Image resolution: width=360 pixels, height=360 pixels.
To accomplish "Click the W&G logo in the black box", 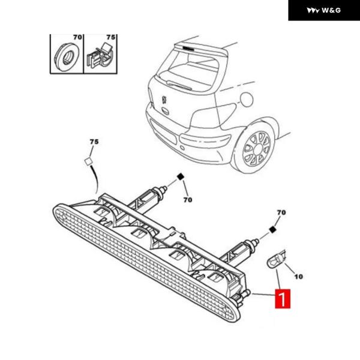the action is [x=324, y=10].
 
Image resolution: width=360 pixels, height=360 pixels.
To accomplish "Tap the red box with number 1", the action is [x=283, y=299].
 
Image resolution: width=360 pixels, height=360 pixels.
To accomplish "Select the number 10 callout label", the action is [x=298, y=277].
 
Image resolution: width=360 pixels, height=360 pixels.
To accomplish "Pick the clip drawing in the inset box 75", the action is [x=100, y=56].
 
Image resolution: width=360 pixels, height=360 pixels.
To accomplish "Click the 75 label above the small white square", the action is [x=94, y=142].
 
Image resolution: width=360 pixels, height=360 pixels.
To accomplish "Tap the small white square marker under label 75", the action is [x=88, y=161].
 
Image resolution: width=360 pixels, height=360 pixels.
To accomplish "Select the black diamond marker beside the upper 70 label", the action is [x=181, y=177].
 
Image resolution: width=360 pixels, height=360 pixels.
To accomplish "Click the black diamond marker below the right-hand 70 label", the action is [x=272, y=230].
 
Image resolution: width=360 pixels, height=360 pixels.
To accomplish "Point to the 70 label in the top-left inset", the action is [x=77, y=37].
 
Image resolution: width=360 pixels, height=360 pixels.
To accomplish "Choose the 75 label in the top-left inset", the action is [x=110, y=37].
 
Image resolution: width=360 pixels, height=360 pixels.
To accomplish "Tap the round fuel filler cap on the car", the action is [x=247, y=99].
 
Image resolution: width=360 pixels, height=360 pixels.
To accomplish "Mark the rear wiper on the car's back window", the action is [x=179, y=85].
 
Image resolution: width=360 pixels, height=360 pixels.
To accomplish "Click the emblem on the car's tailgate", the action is [x=164, y=100].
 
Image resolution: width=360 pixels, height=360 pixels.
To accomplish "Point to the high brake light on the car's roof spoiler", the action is [x=188, y=48].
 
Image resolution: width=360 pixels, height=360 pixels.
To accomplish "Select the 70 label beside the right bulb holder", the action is [x=281, y=212].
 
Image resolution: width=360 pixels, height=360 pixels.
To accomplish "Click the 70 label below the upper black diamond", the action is [x=188, y=200].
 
